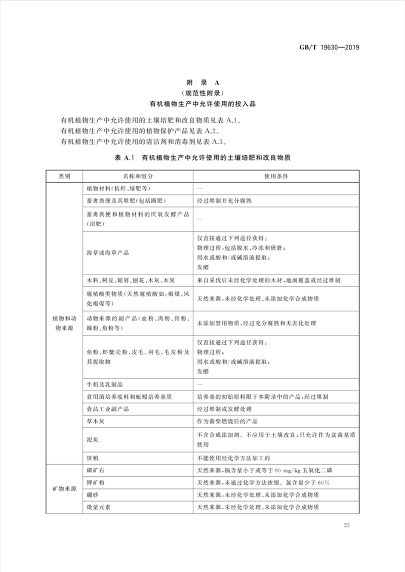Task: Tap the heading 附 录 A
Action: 202,82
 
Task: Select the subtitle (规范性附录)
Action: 202,93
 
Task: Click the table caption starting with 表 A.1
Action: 202,158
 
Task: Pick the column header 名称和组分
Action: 137,176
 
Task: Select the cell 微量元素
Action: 98,507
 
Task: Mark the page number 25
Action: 347,525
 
